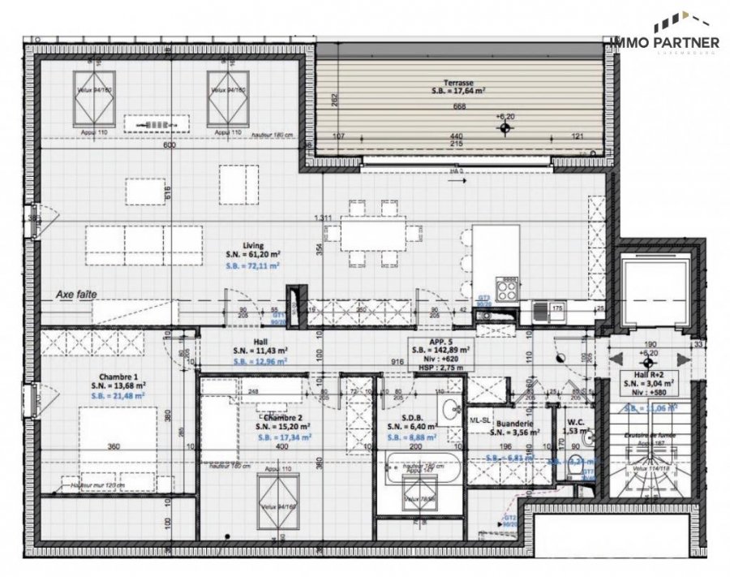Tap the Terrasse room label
coord(458,83)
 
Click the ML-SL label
coord(480,420)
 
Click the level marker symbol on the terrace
coord(505,127)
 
